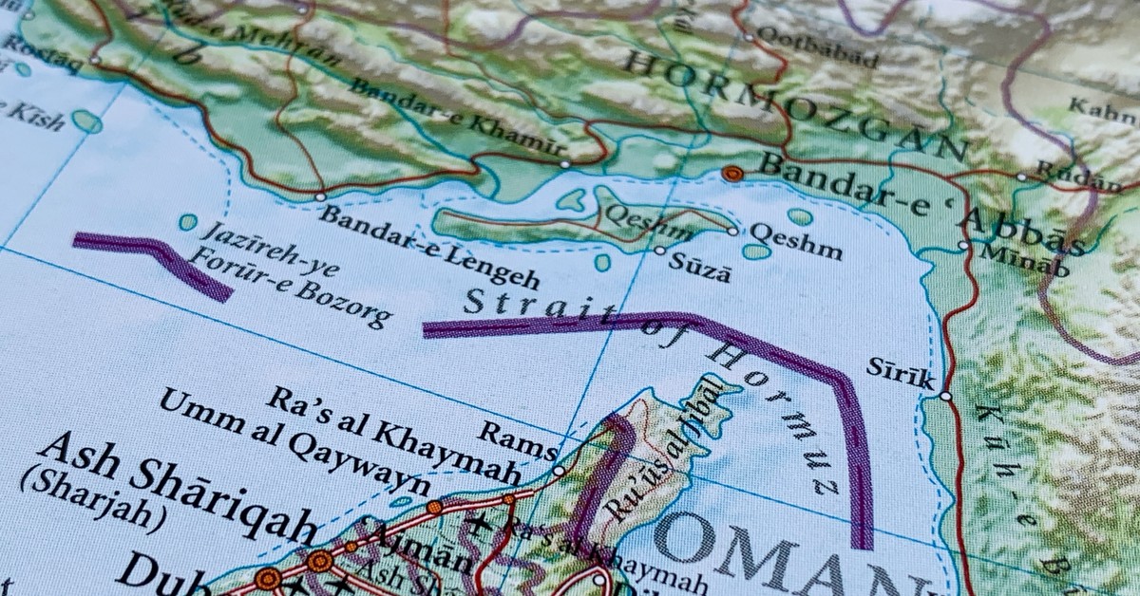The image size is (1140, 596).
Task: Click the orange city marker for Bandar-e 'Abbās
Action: [x=731, y=173]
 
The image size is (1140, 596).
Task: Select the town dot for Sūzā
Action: [x=659, y=251]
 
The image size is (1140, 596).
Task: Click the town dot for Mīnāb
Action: [x=963, y=245]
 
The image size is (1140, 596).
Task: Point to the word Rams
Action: [x=517, y=439]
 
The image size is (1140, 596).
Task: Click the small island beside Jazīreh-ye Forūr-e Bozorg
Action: [x=188, y=222]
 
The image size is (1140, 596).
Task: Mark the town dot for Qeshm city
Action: [x=732, y=231]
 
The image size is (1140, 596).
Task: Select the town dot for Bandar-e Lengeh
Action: [x=320, y=197]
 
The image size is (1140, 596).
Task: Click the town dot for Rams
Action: [x=559, y=470]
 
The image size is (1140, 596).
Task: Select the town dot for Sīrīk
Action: [x=945, y=396]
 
